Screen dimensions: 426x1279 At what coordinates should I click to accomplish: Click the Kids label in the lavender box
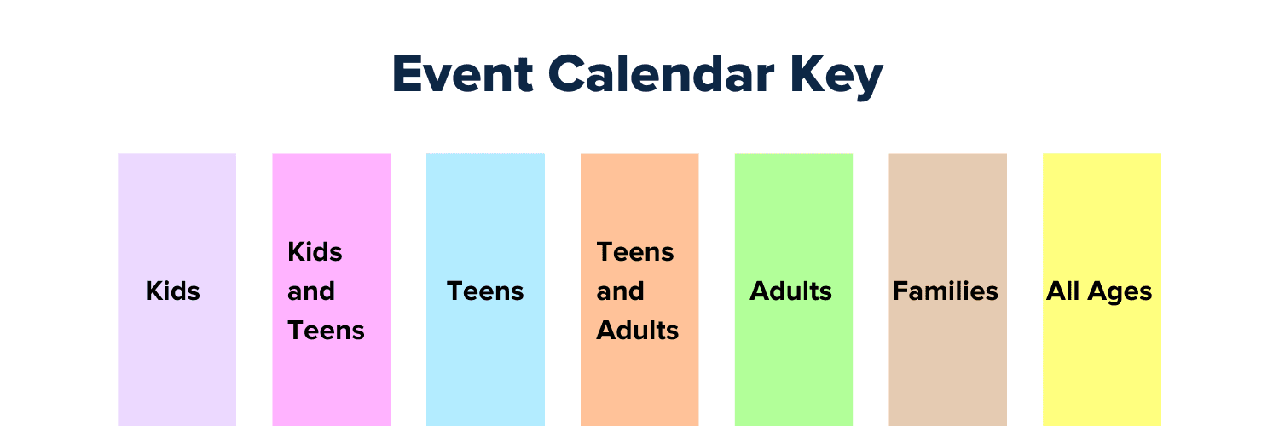pos(173,291)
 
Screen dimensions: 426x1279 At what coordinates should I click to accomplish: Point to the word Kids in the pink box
pos(315,252)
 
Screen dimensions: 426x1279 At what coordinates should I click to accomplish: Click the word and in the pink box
pos(310,291)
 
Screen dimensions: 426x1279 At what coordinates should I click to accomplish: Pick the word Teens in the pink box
pos(326,331)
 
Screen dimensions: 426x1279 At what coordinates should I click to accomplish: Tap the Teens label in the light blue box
pos(485,291)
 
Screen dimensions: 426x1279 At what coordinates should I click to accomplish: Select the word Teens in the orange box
pos(635,252)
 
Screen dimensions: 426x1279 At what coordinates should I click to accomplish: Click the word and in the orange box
pos(619,291)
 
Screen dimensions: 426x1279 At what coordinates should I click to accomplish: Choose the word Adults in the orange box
pos(638,331)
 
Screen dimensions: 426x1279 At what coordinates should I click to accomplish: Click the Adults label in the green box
pos(790,291)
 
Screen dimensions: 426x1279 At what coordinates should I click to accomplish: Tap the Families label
pos(945,291)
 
